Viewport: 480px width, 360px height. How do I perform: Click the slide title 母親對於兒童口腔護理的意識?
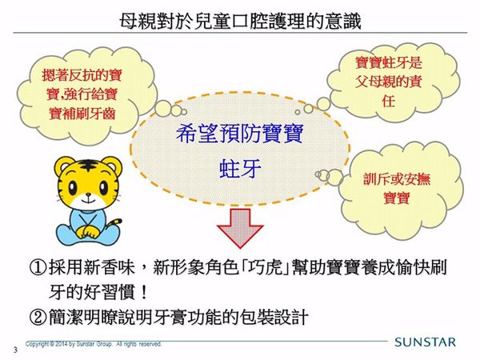(239, 18)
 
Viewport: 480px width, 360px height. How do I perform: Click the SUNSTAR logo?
(425, 342)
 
